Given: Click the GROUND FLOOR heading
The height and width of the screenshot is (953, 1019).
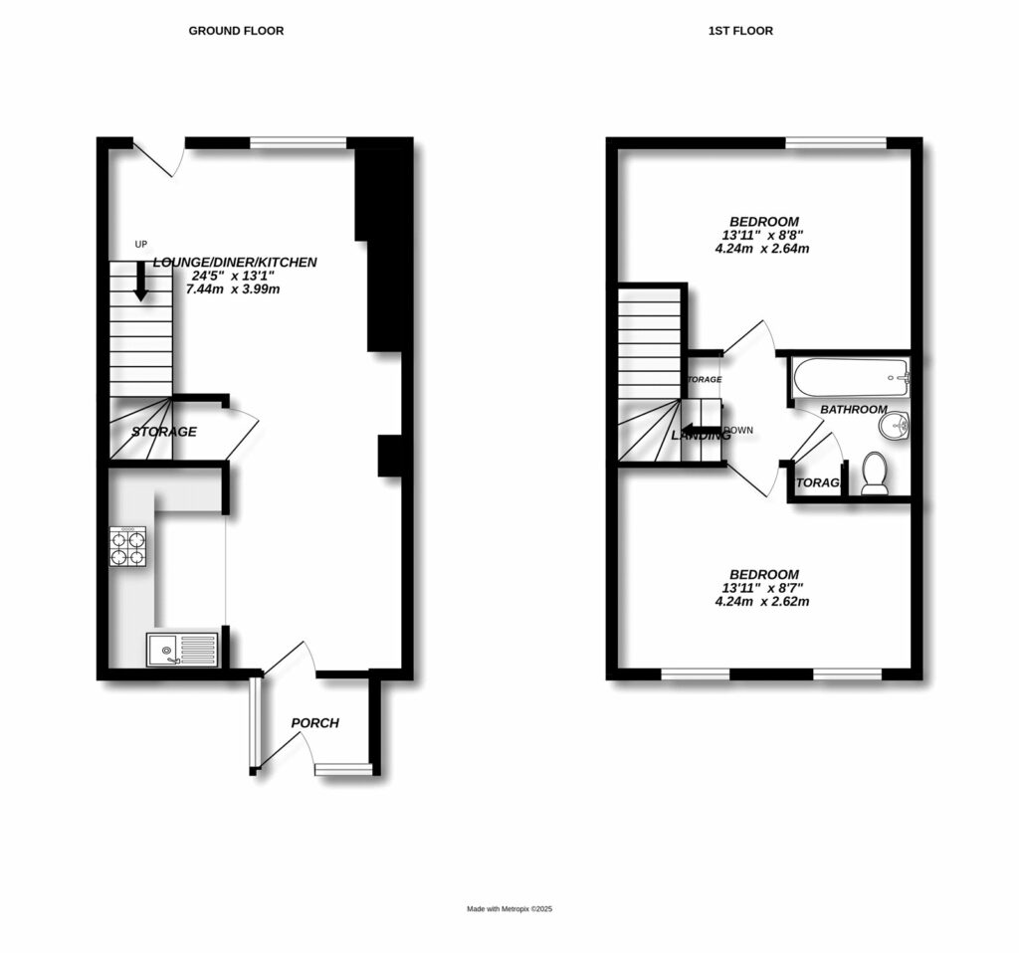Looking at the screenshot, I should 236,31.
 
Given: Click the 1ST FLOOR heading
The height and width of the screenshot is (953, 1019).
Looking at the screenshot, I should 740,31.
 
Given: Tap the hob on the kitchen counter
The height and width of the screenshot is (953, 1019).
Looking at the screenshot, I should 127,546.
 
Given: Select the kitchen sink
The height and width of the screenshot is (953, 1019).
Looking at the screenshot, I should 182,650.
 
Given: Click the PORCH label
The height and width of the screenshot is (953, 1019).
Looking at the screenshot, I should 315,723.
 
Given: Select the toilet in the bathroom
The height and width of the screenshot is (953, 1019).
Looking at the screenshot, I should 875,475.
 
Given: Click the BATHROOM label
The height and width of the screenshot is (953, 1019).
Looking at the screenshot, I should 854,409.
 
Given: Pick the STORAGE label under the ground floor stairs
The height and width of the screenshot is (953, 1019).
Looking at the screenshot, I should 165,432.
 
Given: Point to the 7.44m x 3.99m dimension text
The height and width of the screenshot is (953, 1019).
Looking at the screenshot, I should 235,288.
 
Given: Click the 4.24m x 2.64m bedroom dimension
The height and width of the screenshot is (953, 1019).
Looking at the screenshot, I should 762,249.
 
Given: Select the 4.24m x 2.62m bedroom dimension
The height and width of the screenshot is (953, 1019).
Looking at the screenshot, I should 762,602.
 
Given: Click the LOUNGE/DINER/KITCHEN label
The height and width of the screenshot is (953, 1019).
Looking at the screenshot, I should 235,263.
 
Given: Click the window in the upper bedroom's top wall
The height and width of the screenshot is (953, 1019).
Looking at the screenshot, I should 836,143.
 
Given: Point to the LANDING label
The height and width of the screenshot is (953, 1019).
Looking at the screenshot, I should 701,436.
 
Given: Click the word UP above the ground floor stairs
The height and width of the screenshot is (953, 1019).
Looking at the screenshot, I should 141,244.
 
